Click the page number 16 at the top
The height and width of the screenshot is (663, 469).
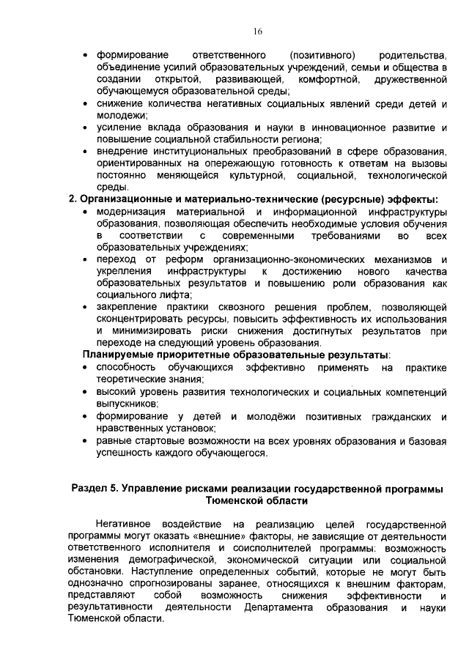coord(258,32)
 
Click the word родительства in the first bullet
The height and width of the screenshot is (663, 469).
coord(413,56)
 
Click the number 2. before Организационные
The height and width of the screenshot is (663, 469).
coord(73,199)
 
